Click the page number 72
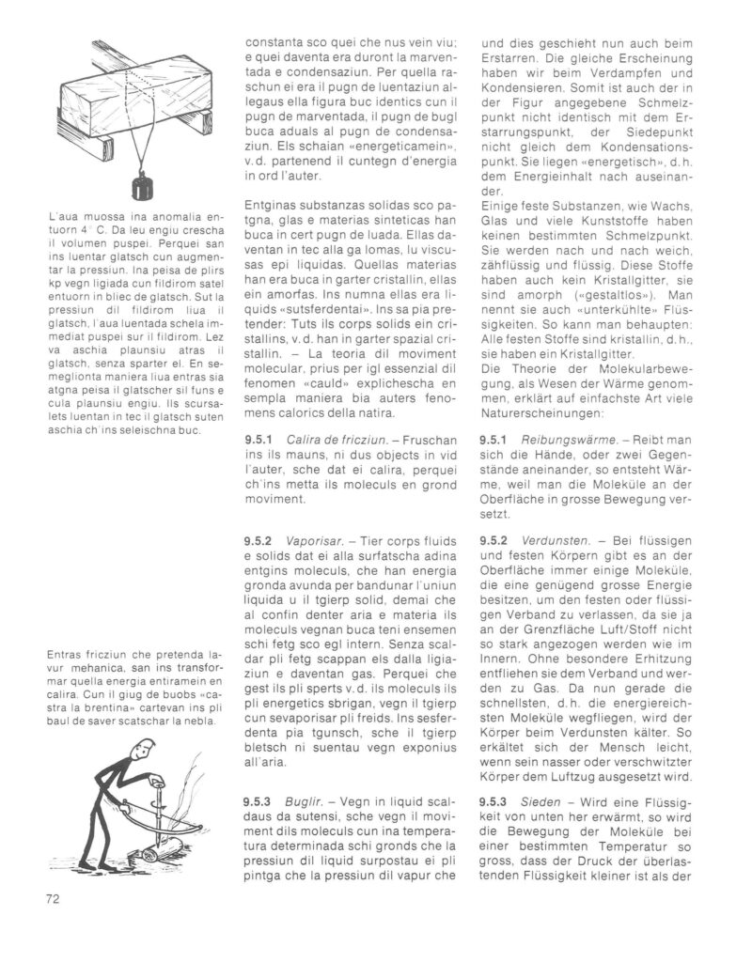(54, 898)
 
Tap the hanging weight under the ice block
(142, 185)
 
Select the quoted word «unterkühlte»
(612, 306)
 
